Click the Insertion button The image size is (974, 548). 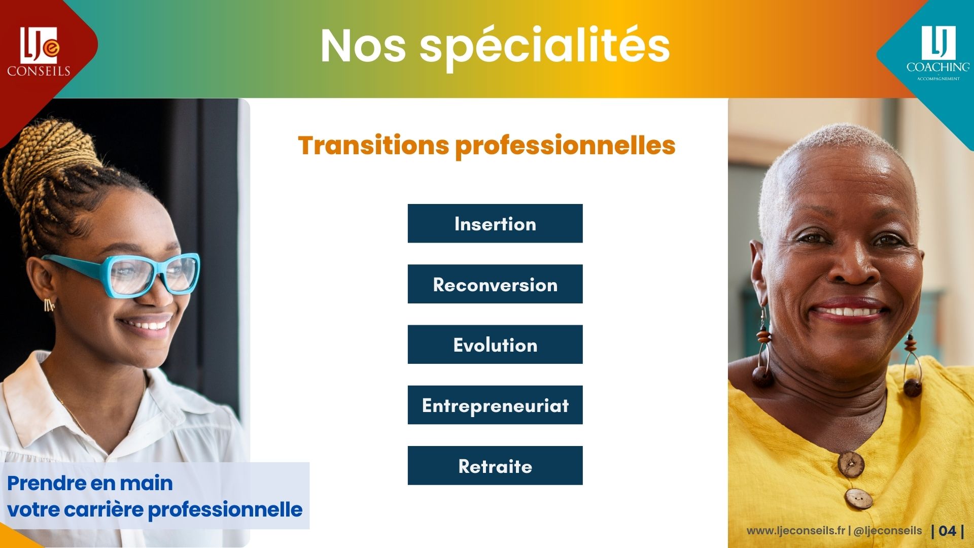pos(495,223)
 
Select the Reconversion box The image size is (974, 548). pos(495,284)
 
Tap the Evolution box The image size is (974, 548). pos(495,345)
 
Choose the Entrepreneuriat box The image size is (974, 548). pos(495,405)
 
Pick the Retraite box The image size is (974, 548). pos(495,466)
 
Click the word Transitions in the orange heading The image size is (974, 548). pos(374,145)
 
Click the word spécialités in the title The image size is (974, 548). pos(545,47)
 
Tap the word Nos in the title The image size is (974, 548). pos(363,47)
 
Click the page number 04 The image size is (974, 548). pos(947,531)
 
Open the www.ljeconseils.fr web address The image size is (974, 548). pos(796,531)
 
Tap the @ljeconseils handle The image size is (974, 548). pos(888,531)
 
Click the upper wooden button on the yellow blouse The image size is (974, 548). pos(851,464)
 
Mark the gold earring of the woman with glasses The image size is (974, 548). pos(49,304)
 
